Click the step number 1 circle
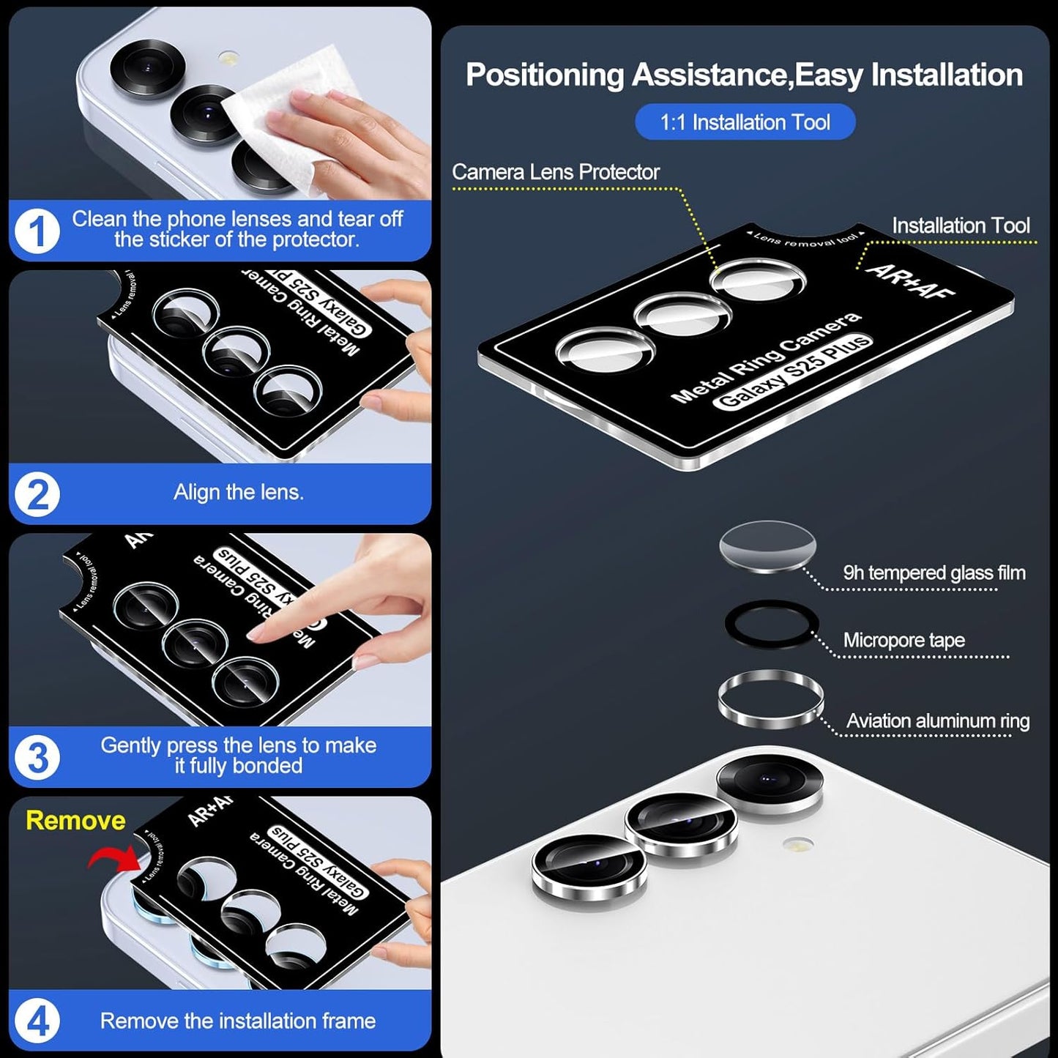click(x=37, y=231)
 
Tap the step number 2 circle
click(x=37, y=494)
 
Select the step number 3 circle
click(x=37, y=757)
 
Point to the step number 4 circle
click(x=37, y=1021)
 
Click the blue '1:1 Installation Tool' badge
click(x=745, y=122)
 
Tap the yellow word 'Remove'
click(x=75, y=820)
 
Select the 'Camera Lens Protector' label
click(x=555, y=172)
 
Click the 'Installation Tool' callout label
click(x=960, y=226)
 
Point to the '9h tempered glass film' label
click(x=934, y=573)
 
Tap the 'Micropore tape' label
click(x=904, y=640)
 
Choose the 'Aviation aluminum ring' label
click(x=937, y=721)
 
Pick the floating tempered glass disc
click(x=767, y=546)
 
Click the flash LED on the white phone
click(x=798, y=844)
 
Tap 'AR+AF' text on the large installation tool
click(x=911, y=282)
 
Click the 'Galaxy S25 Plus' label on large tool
click(x=794, y=372)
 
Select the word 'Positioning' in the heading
click(x=544, y=75)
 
